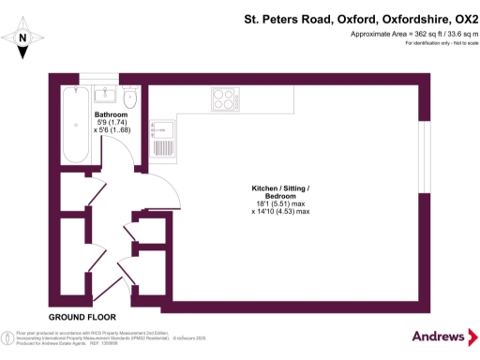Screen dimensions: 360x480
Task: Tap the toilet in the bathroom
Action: click(130, 97)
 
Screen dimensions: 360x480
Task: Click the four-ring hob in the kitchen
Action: click(225, 97)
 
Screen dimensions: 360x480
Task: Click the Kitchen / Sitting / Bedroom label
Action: click(280, 191)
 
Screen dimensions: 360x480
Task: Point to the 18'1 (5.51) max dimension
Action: click(280, 203)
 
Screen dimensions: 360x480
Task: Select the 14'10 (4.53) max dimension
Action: click(280, 212)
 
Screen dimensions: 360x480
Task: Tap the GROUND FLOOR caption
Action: click(75, 317)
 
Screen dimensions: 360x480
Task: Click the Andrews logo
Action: click(439, 337)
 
